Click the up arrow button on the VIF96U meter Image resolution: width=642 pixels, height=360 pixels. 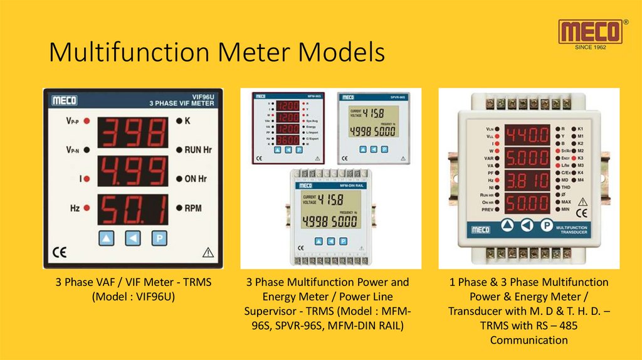107,238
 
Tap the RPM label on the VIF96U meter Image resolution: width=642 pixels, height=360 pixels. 192,208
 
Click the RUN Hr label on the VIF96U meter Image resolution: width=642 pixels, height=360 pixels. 197,150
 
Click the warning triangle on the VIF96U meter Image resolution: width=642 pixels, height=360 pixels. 209,253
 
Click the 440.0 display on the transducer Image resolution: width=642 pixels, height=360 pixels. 527,134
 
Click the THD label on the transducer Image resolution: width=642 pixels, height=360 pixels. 566,187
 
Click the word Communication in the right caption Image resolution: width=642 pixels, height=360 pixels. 529,340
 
